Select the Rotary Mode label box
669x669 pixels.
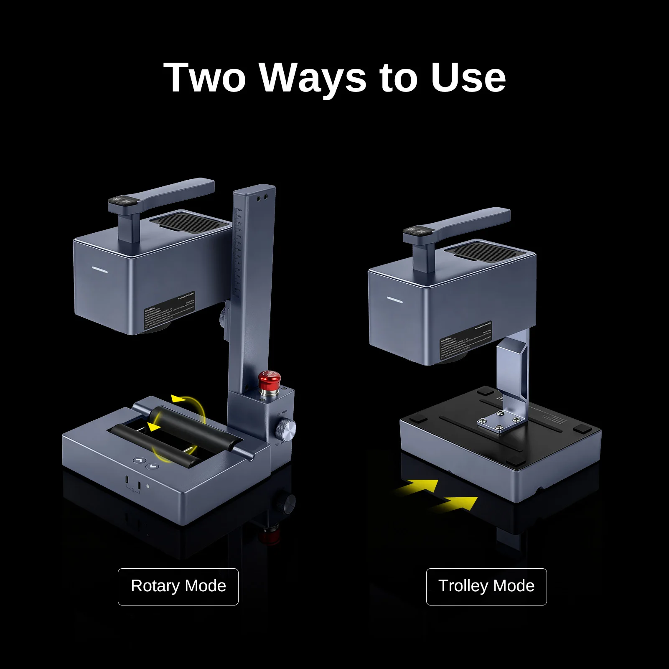178,586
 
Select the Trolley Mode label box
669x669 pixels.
486,586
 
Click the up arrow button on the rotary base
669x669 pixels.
139,460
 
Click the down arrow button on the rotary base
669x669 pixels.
152,466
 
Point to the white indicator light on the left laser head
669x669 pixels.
100,271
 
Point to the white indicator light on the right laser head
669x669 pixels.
394,300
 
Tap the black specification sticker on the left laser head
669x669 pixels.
169,310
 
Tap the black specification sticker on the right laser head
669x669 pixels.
466,340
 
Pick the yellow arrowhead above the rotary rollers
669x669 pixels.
179,399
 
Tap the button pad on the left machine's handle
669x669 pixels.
121,201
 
